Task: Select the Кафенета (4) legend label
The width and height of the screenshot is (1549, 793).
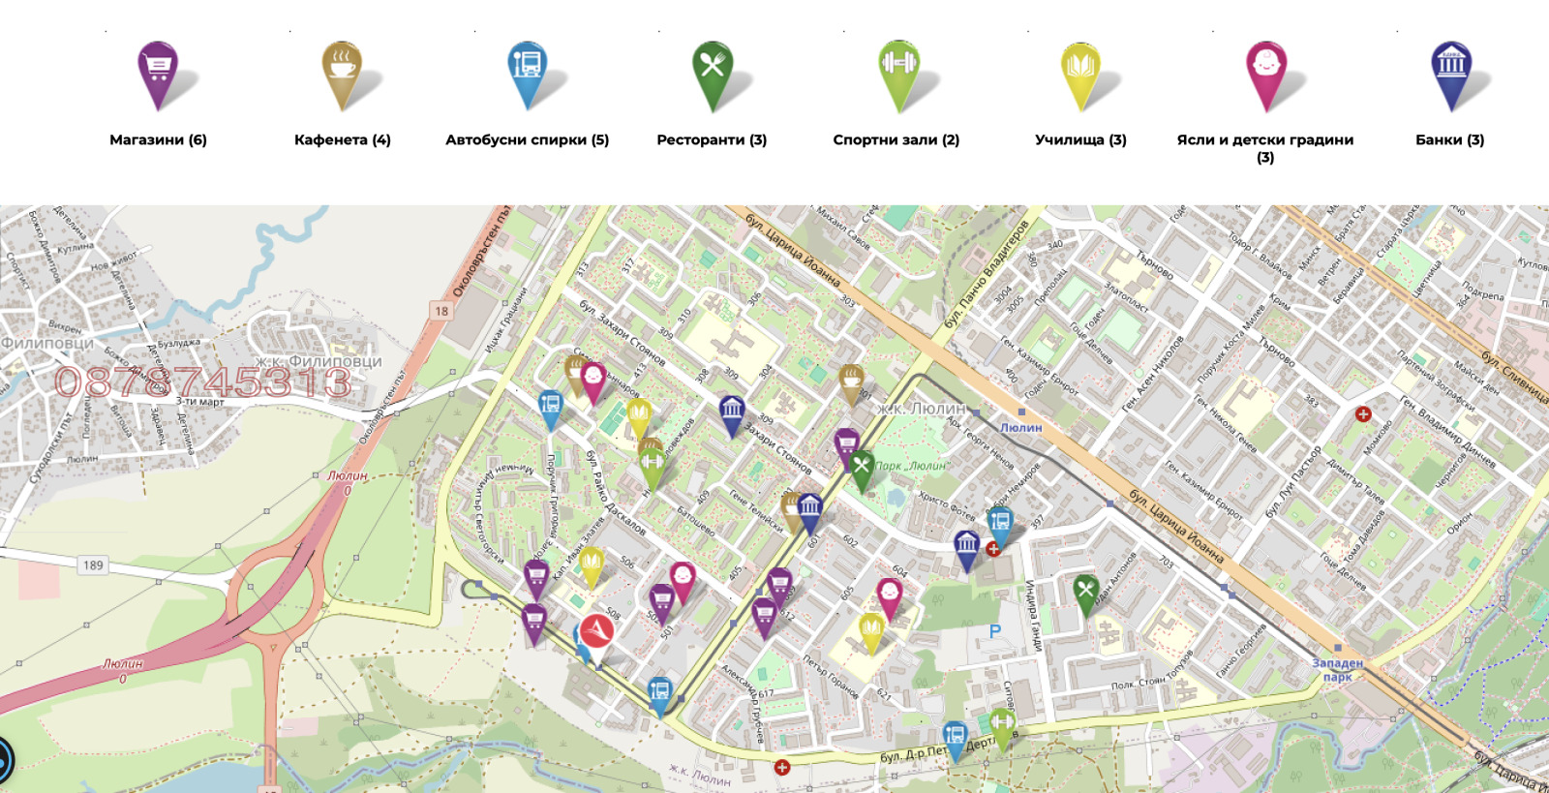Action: coord(343,139)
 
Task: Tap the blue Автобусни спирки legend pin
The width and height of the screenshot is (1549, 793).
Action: coord(528,70)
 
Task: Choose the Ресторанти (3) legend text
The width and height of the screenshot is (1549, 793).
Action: coord(712,139)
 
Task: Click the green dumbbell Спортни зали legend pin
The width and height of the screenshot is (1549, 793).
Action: coord(898,70)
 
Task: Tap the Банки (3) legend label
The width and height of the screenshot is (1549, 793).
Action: coord(1449,139)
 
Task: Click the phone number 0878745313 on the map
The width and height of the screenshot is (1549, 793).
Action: coord(202,382)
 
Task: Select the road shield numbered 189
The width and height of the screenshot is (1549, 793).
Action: coord(93,565)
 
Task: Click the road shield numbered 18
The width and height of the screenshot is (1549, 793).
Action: coord(441,311)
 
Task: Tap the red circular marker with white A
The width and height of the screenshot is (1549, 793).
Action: coord(596,631)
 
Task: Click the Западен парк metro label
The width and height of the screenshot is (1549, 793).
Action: coord(1337,669)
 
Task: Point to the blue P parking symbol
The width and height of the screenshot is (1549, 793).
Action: coord(995,631)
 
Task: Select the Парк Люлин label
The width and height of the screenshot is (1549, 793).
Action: coord(910,466)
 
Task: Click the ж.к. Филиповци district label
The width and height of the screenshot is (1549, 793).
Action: coord(319,361)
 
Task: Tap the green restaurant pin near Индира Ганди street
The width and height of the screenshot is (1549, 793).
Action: coord(1085,591)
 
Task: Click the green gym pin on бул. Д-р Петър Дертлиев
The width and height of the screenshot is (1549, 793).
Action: coord(1001,724)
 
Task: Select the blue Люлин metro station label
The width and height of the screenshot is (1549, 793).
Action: coord(1020,427)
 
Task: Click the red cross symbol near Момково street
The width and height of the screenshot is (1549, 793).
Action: coord(1363,414)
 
